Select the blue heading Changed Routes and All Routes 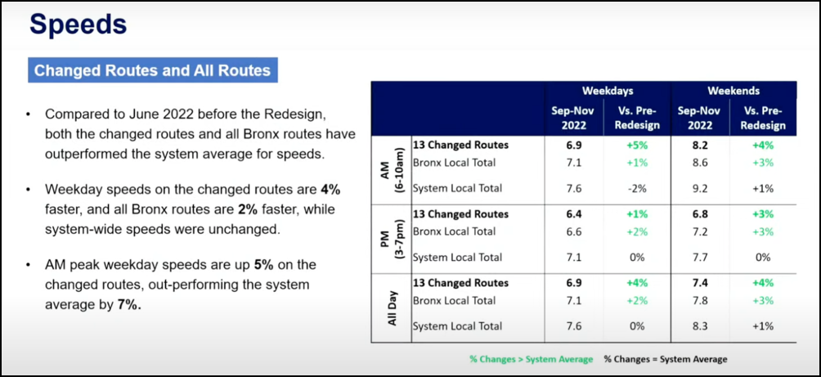point(152,70)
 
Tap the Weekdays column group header point(608,91)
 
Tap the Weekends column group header point(734,91)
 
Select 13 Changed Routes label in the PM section point(460,214)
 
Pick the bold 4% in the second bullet point(330,189)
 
